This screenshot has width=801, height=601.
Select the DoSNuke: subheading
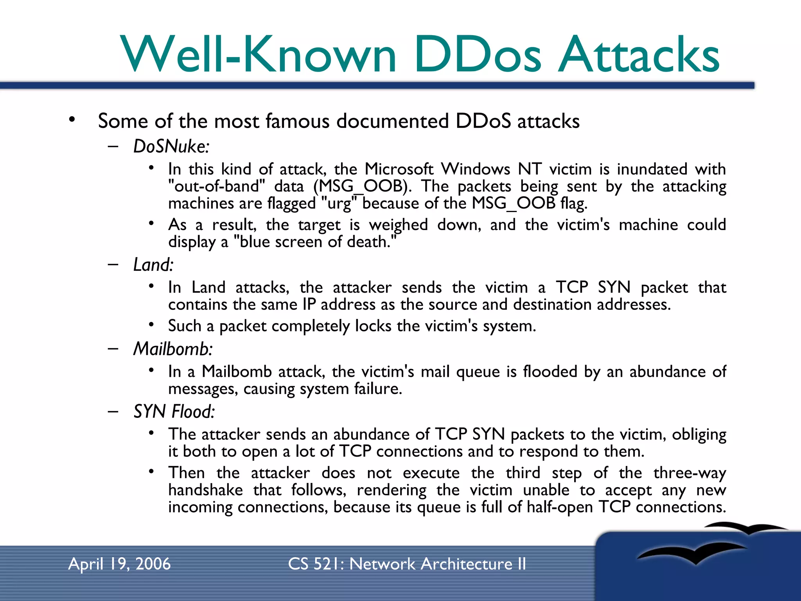[x=171, y=147]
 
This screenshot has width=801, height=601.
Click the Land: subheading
[x=153, y=265]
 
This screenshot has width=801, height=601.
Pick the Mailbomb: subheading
[x=173, y=349]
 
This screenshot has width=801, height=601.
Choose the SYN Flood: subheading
[x=174, y=412]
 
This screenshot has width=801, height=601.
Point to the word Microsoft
[x=399, y=169]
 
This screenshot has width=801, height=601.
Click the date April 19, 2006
[x=119, y=564]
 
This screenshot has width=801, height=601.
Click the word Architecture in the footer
[x=467, y=564]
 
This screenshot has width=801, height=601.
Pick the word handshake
[x=205, y=490]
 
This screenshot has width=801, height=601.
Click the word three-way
[x=690, y=473]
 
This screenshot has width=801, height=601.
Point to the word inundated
[x=652, y=169]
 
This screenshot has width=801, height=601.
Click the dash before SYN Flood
[x=113, y=411]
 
